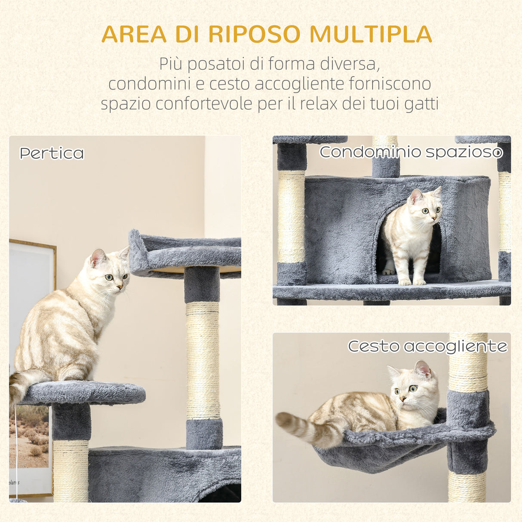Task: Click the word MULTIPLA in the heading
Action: [371, 34]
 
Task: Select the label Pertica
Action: [52, 154]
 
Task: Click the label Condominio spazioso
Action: [411, 152]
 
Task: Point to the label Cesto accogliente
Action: [427, 346]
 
